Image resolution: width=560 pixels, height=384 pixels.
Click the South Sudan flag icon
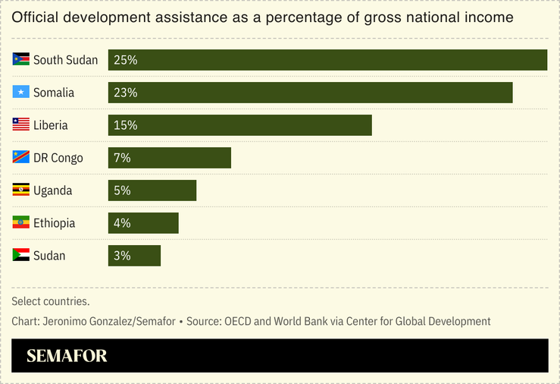pyautogui.click(x=20, y=60)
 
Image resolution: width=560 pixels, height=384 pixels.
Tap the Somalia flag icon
pyautogui.click(x=20, y=93)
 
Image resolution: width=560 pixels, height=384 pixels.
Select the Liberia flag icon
pyautogui.click(x=20, y=125)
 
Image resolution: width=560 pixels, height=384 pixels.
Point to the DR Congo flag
pyautogui.click(x=20, y=158)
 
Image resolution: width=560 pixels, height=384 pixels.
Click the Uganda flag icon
pyautogui.click(x=20, y=190)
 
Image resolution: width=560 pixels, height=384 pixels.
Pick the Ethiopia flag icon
pyautogui.click(x=20, y=223)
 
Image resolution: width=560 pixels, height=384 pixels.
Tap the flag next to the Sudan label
pyautogui.click(x=20, y=256)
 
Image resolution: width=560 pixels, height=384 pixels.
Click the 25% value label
pyautogui.click(x=125, y=60)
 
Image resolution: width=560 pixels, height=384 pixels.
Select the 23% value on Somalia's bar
pyautogui.click(x=125, y=93)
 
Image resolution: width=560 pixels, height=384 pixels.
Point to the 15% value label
pyautogui.click(x=125, y=125)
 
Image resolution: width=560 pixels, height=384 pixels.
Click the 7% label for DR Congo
pyautogui.click(x=122, y=158)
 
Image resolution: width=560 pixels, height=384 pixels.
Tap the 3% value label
pyautogui.click(x=122, y=256)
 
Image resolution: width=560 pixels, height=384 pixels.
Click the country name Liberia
pyautogui.click(x=50, y=125)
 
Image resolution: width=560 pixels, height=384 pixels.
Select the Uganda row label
pyautogui.click(x=52, y=190)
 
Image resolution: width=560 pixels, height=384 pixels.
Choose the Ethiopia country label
pyautogui.click(x=54, y=223)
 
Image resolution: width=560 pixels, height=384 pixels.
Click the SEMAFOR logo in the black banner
pyautogui.click(x=67, y=356)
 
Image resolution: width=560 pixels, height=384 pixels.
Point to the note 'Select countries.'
pyautogui.click(x=51, y=301)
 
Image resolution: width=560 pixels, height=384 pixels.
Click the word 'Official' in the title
pyautogui.click(x=34, y=17)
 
